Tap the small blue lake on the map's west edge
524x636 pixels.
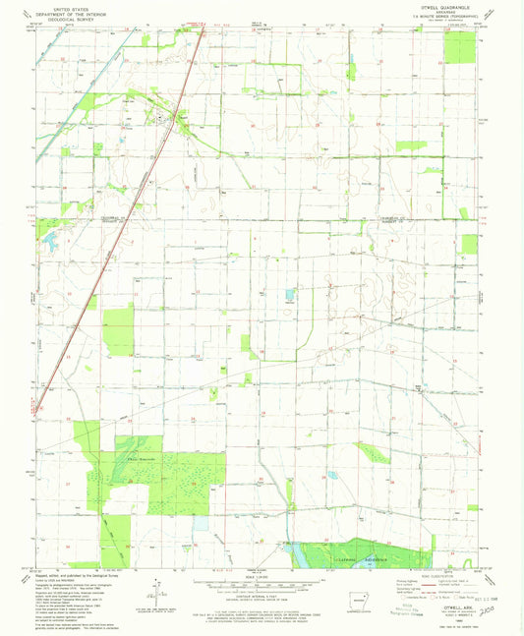tap(49, 238)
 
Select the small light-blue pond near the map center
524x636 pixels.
tap(289, 294)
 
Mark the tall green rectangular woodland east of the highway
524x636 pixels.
tap(119, 330)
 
